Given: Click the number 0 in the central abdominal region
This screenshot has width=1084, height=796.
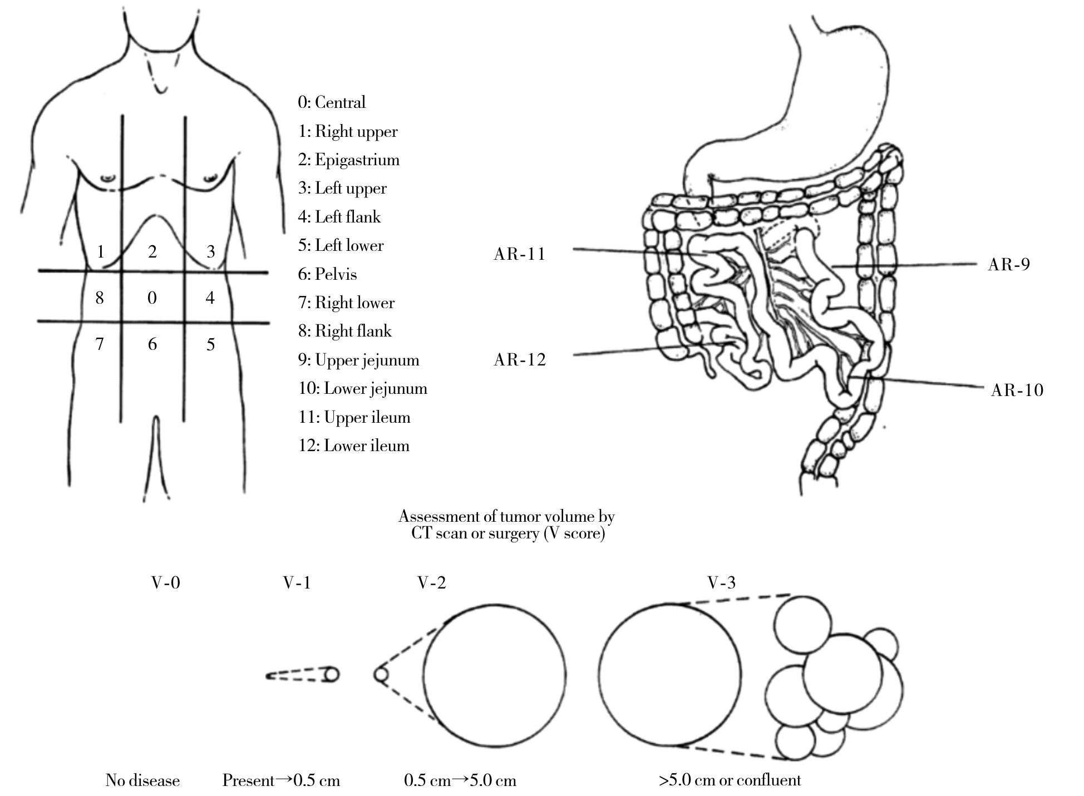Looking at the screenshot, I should (x=152, y=298).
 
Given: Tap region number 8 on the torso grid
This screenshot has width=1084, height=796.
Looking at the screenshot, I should (x=100, y=298).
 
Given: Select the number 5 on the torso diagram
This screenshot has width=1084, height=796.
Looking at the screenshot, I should (x=210, y=344).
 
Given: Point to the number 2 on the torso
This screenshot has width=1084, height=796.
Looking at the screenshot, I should (x=152, y=251).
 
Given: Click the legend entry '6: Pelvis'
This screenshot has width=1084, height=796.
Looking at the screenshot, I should (x=327, y=274).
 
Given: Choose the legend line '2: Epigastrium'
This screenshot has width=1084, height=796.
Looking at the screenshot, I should (x=348, y=160).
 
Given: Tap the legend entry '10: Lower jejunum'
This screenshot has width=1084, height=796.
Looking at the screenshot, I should (x=362, y=388).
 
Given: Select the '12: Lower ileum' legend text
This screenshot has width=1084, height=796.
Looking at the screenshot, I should (x=353, y=446).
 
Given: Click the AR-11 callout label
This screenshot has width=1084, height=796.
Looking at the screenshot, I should (x=519, y=254).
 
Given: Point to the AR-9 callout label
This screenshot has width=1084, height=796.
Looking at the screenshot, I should (x=1008, y=264).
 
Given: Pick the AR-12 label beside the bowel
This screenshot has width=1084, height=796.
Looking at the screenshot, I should (x=519, y=360).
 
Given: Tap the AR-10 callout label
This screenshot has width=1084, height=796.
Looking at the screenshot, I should (x=1017, y=390).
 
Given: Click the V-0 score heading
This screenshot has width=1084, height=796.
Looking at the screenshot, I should (x=166, y=582).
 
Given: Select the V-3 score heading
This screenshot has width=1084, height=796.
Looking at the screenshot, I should (x=721, y=582).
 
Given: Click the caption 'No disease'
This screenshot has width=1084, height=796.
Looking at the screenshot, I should (x=142, y=780).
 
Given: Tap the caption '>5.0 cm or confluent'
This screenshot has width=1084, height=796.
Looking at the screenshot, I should (x=730, y=780).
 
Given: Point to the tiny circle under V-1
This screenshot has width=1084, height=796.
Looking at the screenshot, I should (x=332, y=675).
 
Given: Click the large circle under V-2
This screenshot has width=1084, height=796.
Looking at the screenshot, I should (x=495, y=676).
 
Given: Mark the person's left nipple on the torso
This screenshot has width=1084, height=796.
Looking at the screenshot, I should (x=210, y=179).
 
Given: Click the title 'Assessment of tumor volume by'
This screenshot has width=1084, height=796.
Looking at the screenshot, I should (x=506, y=516).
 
